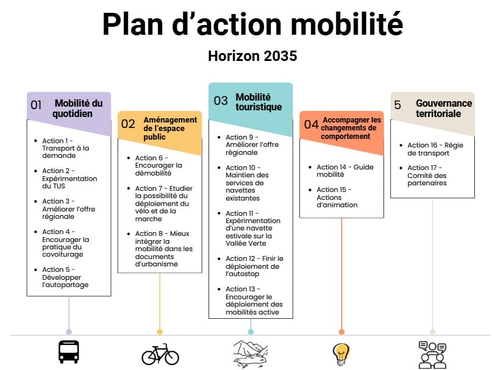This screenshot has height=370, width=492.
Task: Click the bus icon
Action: click(x=68, y=352)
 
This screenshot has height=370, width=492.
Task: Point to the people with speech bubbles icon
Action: click(x=432, y=354)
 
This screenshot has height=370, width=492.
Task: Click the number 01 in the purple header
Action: click(x=37, y=105)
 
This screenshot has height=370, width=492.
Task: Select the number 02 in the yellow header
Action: click(x=128, y=124)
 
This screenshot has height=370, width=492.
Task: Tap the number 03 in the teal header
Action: click(x=220, y=101)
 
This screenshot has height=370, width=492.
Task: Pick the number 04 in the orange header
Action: click(x=312, y=124)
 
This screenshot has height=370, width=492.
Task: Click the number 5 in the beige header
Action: click(x=398, y=105)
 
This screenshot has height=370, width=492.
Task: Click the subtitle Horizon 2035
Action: click(x=252, y=56)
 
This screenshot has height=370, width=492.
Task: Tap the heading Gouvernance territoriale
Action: click(x=443, y=109)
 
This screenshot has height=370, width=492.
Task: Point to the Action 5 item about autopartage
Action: click(x=65, y=277)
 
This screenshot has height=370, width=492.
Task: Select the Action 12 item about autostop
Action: click(x=254, y=266)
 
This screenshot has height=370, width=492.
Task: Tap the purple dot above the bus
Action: click(x=69, y=332)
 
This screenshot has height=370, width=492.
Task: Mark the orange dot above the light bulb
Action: click(x=341, y=332)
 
